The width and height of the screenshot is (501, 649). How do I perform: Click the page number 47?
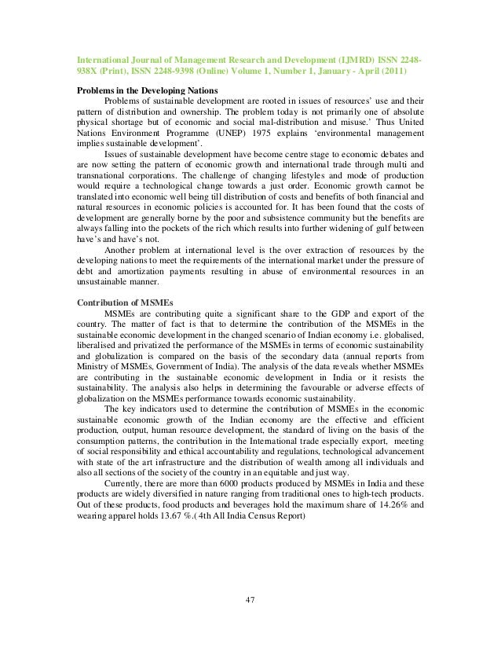click(x=251, y=601)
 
